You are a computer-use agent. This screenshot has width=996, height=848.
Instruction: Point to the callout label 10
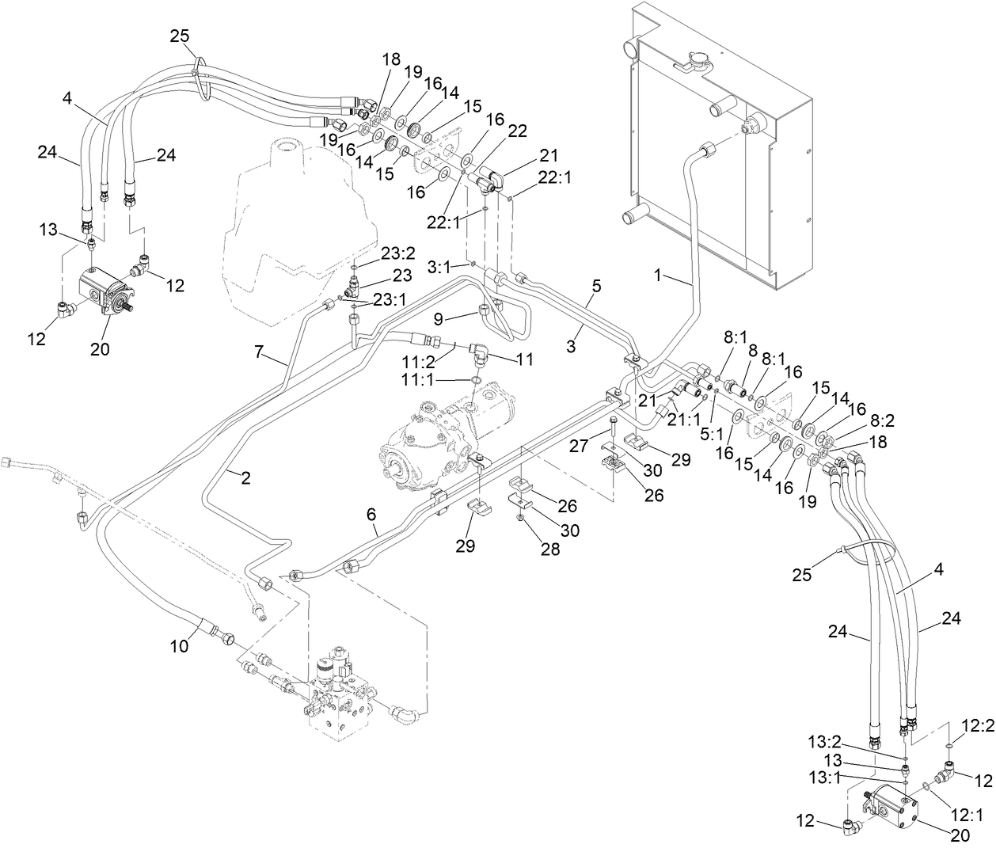180,646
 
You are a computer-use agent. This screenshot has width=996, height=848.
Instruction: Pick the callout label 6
371,513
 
